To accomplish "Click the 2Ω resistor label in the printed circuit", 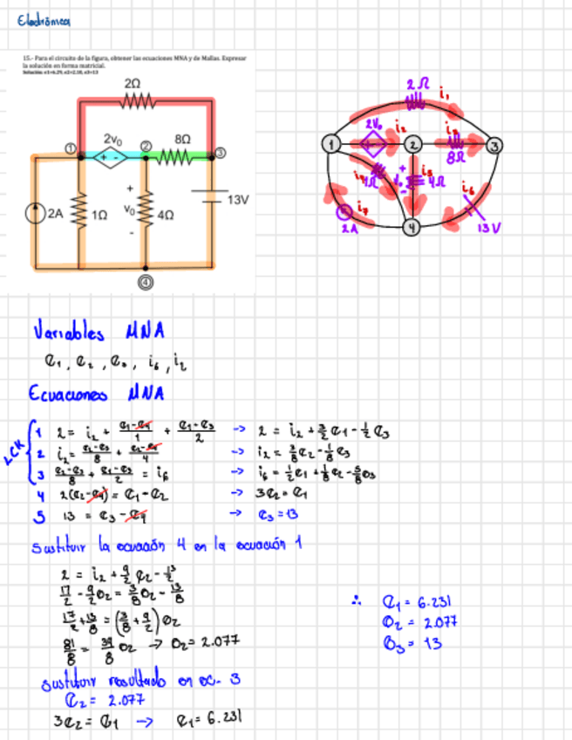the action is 132,81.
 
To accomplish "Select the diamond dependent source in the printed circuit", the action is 112,157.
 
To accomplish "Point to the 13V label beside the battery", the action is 237,200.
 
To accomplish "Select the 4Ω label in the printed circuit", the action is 167,212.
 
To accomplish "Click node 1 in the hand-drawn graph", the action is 331,144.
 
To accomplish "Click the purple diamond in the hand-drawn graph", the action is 373,145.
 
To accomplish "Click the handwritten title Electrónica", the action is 44,21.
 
